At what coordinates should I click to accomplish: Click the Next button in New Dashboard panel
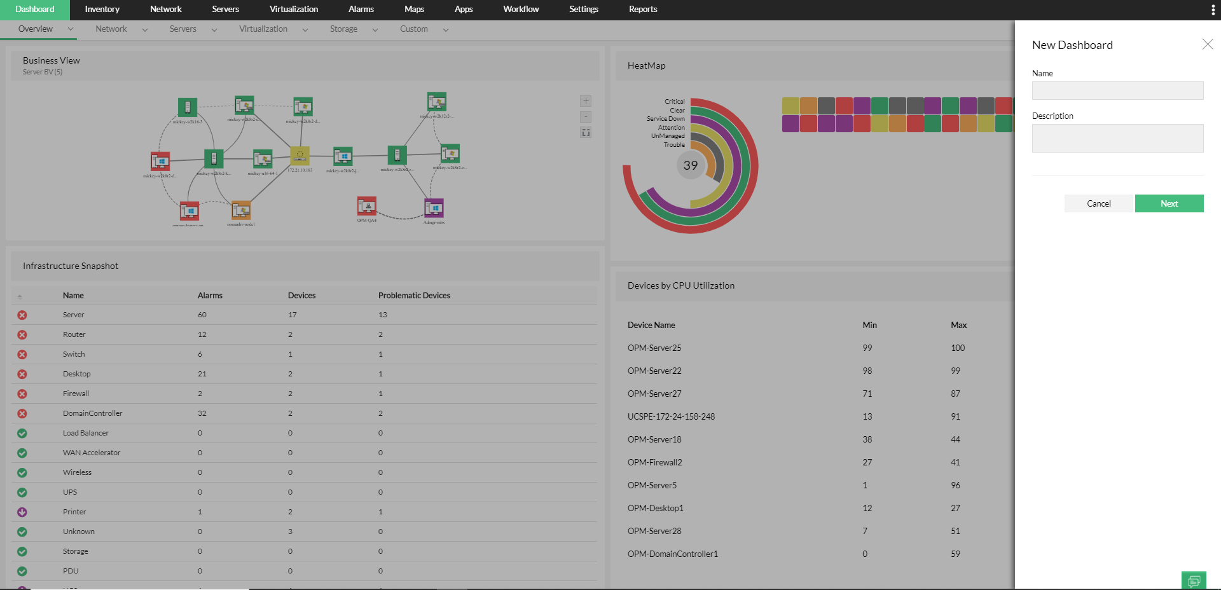(1169, 203)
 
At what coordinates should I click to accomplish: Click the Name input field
(1117, 91)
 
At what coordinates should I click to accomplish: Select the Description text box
(1117, 138)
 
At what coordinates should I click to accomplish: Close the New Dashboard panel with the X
(1207, 44)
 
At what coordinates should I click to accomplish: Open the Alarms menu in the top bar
(361, 10)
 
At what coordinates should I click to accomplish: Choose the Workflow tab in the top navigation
(520, 10)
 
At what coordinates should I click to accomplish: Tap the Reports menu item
(642, 10)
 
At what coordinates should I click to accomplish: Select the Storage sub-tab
(343, 29)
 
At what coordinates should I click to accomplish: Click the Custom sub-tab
(413, 29)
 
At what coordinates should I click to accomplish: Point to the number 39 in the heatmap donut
(691, 166)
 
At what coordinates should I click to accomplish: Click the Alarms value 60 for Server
(202, 315)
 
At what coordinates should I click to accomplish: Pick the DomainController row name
(93, 413)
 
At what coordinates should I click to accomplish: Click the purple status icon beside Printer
(22, 512)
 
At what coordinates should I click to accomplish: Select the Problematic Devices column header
(414, 296)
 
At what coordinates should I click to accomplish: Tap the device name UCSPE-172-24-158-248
(671, 416)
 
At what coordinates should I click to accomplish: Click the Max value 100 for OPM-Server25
(958, 348)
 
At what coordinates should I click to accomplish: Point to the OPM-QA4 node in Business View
(367, 207)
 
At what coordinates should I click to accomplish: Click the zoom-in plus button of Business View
(586, 101)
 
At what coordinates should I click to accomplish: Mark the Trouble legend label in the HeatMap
(674, 145)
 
